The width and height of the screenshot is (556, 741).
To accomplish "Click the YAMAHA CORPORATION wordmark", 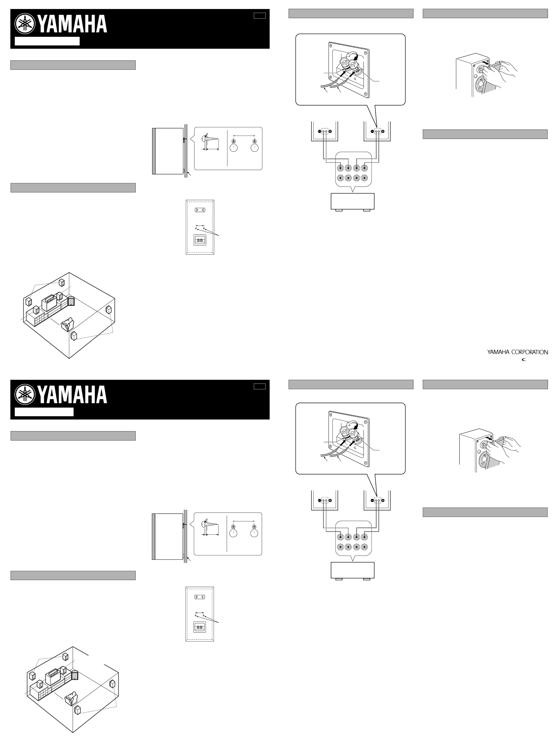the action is click(517, 352).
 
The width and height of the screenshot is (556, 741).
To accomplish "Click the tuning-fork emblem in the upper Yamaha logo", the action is click(25, 24).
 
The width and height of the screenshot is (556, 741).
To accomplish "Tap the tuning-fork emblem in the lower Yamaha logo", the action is click(25, 394).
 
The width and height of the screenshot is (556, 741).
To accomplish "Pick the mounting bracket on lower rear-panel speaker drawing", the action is click(199, 597).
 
